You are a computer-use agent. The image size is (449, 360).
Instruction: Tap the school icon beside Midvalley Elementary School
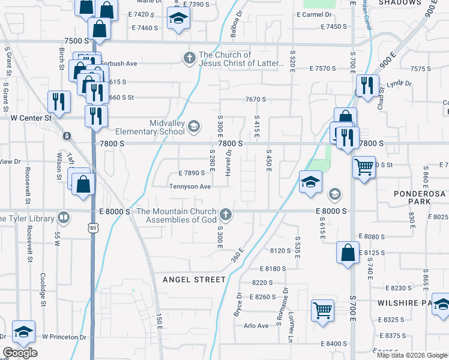point(194,126)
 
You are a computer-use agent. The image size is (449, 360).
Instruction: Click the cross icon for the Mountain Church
point(226,214)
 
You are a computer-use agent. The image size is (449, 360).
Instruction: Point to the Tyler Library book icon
point(64,217)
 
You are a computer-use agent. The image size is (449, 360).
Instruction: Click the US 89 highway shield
point(91,228)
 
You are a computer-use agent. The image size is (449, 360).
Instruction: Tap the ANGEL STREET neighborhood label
point(194,280)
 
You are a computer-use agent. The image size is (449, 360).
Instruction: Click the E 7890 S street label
point(191,173)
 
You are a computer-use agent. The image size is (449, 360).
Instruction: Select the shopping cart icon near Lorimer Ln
point(322,311)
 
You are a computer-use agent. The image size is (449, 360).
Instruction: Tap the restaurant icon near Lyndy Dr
point(366,85)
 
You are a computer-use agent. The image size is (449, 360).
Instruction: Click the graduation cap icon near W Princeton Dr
point(23,331)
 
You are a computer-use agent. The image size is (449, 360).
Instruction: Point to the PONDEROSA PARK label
point(420,198)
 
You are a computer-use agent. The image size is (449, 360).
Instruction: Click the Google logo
point(20,353)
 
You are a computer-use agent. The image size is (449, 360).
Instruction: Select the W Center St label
point(31,118)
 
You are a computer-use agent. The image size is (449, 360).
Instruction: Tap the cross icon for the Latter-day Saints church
point(189,58)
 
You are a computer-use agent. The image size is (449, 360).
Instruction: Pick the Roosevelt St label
point(28,179)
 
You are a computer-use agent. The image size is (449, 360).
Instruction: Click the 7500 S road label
point(76,40)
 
